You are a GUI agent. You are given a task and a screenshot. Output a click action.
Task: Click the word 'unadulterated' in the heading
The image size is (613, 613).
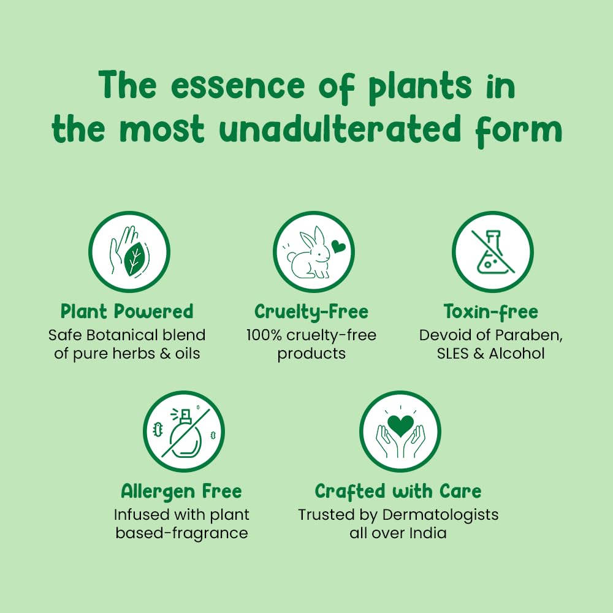(x=340, y=129)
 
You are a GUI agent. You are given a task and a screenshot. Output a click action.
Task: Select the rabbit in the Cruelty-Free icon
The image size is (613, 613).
(x=309, y=253)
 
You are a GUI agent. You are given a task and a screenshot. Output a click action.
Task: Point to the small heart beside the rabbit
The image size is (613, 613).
(x=338, y=246)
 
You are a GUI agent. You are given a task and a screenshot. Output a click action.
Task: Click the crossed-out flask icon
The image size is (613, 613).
(x=493, y=252)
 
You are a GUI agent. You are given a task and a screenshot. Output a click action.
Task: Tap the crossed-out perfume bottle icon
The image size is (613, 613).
(x=184, y=432)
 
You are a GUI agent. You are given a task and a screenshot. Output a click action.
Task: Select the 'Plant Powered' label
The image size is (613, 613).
(x=127, y=311)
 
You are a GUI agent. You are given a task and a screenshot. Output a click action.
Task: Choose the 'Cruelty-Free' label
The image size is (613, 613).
(x=311, y=311)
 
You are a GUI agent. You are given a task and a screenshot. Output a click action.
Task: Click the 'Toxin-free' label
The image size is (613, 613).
(x=491, y=311)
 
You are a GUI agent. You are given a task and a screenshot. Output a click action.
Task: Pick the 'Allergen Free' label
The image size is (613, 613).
(x=181, y=492)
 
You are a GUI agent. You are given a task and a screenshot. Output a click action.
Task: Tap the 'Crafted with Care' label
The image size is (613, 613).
(x=398, y=492)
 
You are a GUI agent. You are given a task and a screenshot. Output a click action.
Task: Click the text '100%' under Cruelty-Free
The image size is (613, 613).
(x=264, y=335)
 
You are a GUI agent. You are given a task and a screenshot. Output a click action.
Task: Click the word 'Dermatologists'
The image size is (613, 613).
(x=440, y=516)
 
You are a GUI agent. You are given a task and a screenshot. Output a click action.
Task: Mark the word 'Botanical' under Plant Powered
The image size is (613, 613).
(x=122, y=335)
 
